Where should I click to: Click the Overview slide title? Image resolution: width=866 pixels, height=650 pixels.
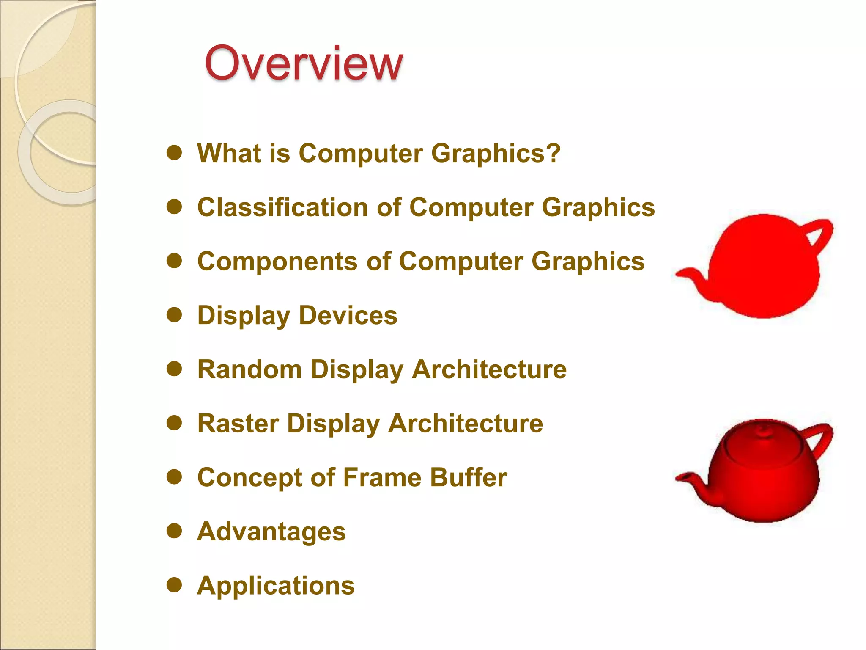coord(304,63)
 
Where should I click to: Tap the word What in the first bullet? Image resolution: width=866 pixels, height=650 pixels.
coord(229,153)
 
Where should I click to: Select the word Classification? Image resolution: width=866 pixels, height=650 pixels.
coord(282,207)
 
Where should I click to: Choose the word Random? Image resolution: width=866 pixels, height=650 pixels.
coord(249,369)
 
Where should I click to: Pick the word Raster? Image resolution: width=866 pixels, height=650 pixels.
coord(238,424)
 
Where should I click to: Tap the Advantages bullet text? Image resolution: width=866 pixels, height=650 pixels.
coord(271,532)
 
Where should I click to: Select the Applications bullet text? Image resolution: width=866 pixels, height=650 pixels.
coord(276,586)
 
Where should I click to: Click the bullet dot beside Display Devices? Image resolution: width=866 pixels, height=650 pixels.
coord(174,315)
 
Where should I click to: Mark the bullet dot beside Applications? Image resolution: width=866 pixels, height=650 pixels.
coord(174,586)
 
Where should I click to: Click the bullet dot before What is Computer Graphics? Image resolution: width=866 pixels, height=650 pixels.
coord(174,153)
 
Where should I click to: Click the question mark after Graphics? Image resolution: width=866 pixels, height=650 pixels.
coord(553,153)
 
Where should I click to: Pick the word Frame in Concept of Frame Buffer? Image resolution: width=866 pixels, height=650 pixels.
coord(382,478)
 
